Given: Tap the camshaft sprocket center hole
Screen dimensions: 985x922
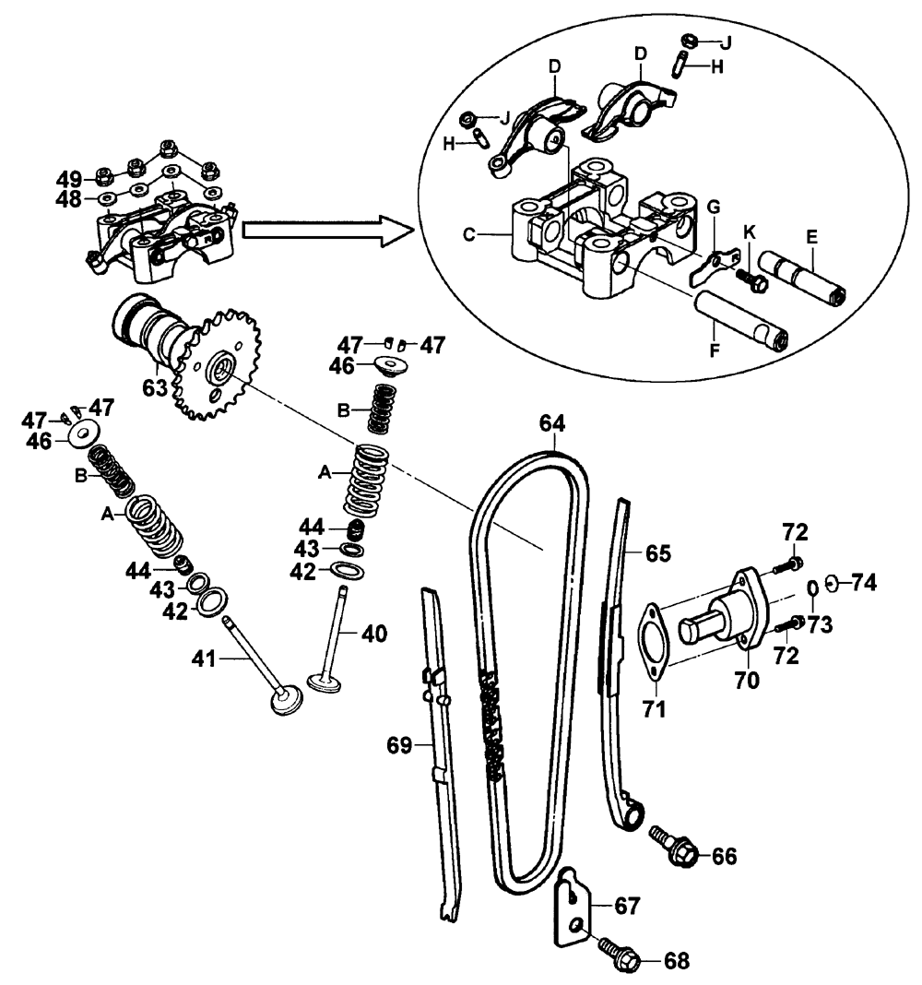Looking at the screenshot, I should [x=219, y=370].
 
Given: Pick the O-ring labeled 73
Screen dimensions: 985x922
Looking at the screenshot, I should [x=812, y=587].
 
